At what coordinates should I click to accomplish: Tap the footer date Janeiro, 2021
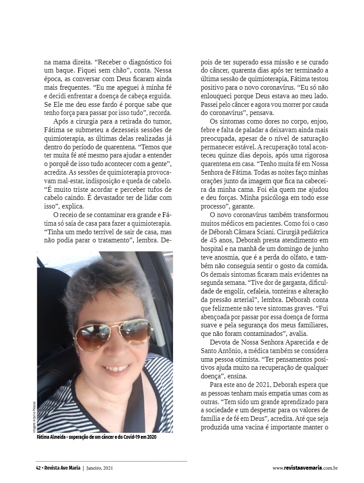(99, 468)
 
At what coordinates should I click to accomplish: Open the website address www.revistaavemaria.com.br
(305, 468)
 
